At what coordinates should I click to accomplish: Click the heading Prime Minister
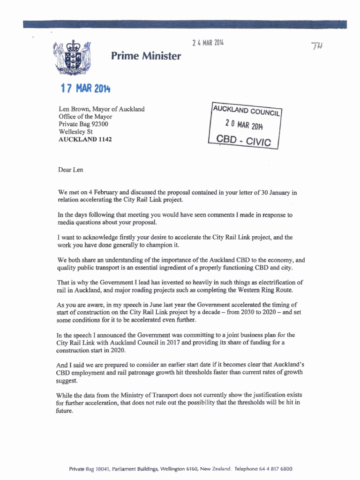click(x=146, y=57)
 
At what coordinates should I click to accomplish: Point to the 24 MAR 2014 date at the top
click(x=208, y=43)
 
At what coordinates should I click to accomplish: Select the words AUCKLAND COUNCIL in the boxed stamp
click(x=246, y=111)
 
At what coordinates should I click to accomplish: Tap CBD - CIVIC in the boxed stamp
click(x=244, y=140)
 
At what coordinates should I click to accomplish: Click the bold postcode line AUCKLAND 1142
click(x=85, y=140)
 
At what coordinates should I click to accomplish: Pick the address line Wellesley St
click(x=76, y=132)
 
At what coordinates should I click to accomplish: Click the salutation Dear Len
click(x=71, y=170)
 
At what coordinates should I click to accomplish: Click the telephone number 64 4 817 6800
click(x=272, y=469)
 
